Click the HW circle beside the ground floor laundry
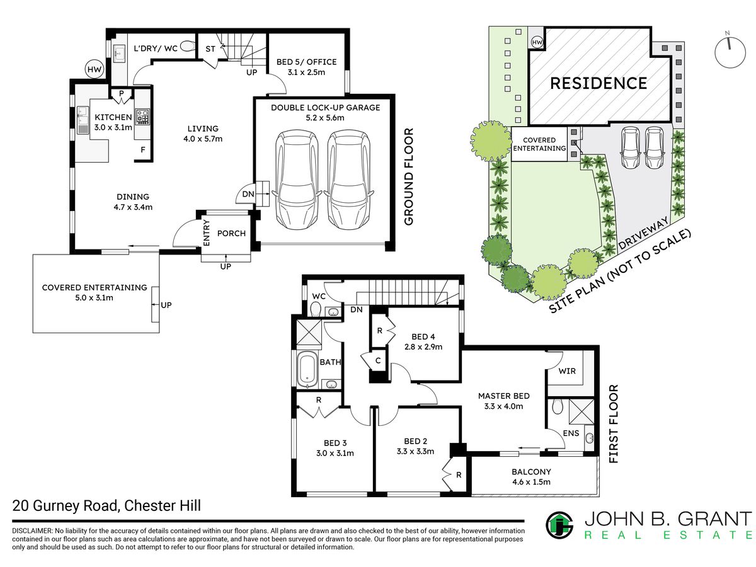[x=94, y=69]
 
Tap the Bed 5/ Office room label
[x=306, y=67]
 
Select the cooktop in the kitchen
[x=142, y=117]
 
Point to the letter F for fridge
[x=143, y=150]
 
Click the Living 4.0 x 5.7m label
[x=203, y=134]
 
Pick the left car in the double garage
[x=297, y=180]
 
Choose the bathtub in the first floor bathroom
[x=307, y=370]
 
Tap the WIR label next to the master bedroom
[x=567, y=371]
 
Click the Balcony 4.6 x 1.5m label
[x=531, y=477]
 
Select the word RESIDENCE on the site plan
[x=598, y=83]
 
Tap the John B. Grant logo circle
[x=559, y=525]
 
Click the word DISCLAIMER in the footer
[x=32, y=530]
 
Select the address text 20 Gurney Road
[x=65, y=506]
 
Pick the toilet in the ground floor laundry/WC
[x=188, y=46]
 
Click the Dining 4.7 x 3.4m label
[x=133, y=202]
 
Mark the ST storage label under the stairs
[x=210, y=49]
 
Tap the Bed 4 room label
[x=423, y=341]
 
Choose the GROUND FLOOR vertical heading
[x=408, y=176]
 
